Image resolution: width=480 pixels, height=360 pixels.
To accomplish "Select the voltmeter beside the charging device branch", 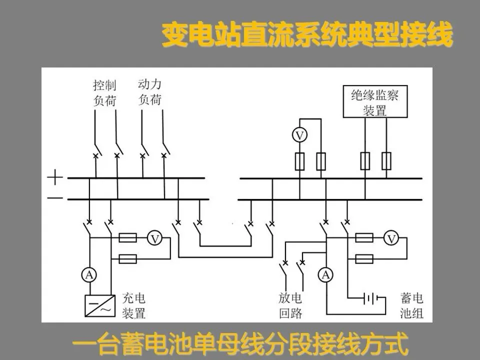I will pyautogui.click(x=155, y=239).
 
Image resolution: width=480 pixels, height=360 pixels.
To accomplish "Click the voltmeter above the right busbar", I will pyautogui.click(x=299, y=136).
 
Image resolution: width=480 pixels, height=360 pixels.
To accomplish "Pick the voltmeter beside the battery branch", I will pyautogui.click(x=391, y=239).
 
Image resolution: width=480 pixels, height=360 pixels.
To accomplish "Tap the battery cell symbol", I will pyautogui.click(x=369, y=299).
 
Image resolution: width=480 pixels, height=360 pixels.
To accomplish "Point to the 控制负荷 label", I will pyautogui.click(x=105, y=92).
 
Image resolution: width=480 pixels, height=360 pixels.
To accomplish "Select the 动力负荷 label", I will pyautogui.click(x=149, y=91).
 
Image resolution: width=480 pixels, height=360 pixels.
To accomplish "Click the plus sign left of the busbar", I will pyautogui.click(x=55, y=177).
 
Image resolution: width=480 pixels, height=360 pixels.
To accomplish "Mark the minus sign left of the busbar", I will pyautogui.click(x=55, y=198).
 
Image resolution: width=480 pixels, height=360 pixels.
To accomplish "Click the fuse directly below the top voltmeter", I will pyautogui.click(x=299, y=161).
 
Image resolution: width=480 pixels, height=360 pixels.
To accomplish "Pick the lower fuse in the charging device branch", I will pyautogui.click(x=128, y=258).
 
